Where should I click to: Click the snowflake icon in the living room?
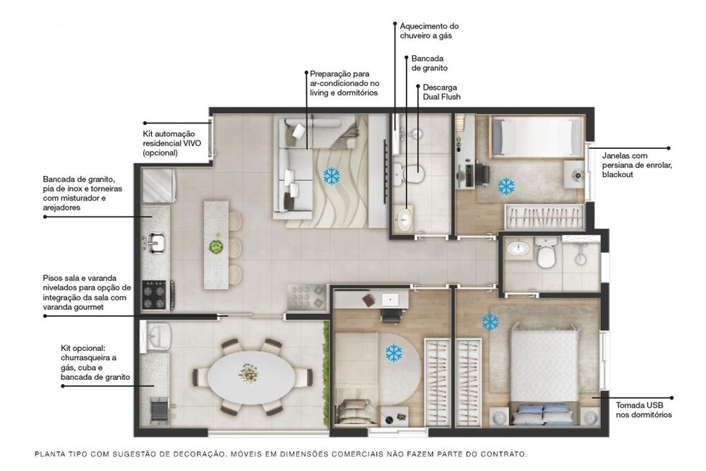[330, 176]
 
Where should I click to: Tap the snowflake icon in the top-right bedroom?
[506, 186]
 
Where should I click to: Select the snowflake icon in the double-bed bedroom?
[490, 322]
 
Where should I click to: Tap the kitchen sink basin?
[155, 244]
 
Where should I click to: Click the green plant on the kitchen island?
[215, 246]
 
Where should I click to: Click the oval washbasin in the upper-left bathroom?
[405, 219]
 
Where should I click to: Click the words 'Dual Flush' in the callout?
[441, 97]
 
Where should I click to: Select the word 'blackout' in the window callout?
[618, 174]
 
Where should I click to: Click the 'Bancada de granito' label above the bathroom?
[429, 63]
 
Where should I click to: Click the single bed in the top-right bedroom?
[537, 136]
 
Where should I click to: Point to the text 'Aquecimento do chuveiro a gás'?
[429, 30]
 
